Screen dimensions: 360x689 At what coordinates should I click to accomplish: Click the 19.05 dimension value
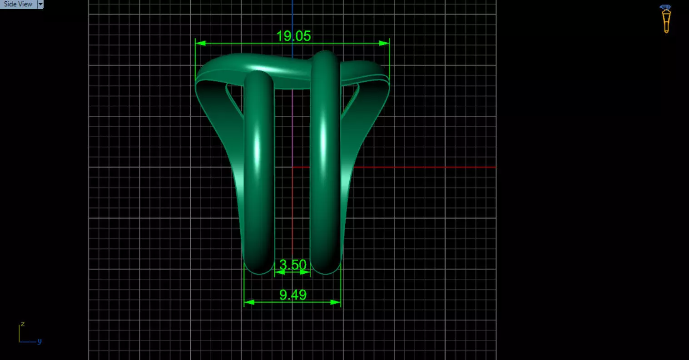[293, 36]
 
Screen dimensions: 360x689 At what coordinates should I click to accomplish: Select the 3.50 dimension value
[293, 265]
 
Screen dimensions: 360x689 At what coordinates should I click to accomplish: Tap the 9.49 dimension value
[293, 295]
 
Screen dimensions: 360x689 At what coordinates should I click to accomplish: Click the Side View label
[18, 4]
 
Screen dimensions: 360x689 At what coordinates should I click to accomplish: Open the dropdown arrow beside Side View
[40, 4]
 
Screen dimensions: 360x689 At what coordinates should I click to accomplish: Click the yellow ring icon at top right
[666, 19]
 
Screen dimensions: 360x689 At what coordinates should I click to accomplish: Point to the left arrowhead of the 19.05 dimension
[200, 44]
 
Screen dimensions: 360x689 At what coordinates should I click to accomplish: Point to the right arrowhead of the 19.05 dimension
[384, 44]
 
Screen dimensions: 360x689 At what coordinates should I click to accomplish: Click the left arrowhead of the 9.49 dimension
[248, 302]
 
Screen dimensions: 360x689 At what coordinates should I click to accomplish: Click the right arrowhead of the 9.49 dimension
[336, 302]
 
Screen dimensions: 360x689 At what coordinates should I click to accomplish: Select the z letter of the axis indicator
[22, 324]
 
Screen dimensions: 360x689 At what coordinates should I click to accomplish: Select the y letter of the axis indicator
[40, 341]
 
